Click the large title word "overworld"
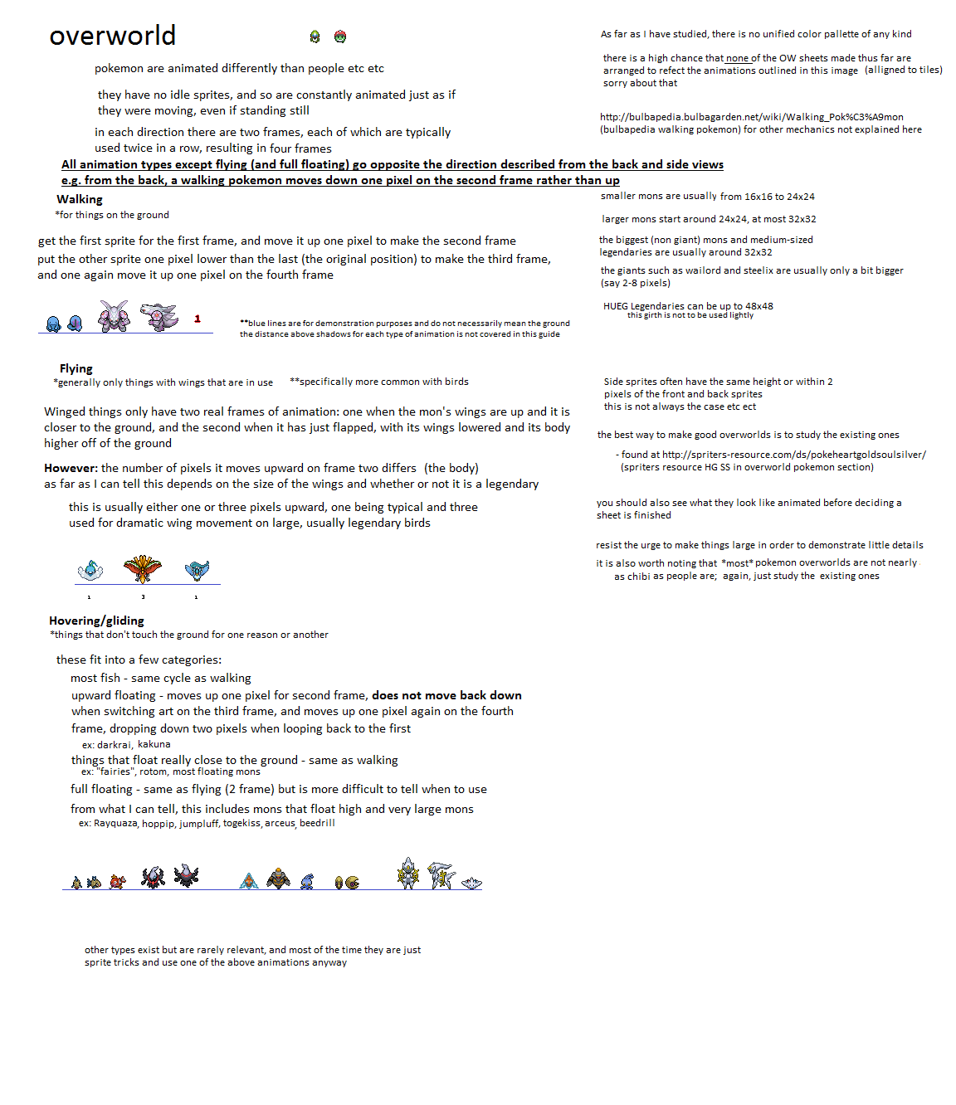(x=112, y=36)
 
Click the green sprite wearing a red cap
(x=340, y=37)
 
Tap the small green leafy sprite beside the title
(x=315, y=37)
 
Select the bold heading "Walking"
(x=80, y=199)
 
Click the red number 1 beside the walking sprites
(x=198, y=319)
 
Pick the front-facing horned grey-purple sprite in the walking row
(x=114, y=316)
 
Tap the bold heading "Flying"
(x=76, y=368)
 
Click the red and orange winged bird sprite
(x=143, y=568)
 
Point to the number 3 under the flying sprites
(x=143, y=597)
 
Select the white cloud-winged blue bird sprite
(x=90, y=570)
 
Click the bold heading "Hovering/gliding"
(x=96, y=621)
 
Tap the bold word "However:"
(x=71, y=468)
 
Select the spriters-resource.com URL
(x=793, y=455)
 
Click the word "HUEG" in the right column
(x=616, y=306)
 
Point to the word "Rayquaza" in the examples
(x=115, y=823)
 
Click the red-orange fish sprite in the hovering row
(x=117, y=881)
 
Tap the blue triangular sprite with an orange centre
(x=248, y=880)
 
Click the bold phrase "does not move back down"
(x=446, y=695)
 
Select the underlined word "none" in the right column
(x=737, y=58)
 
